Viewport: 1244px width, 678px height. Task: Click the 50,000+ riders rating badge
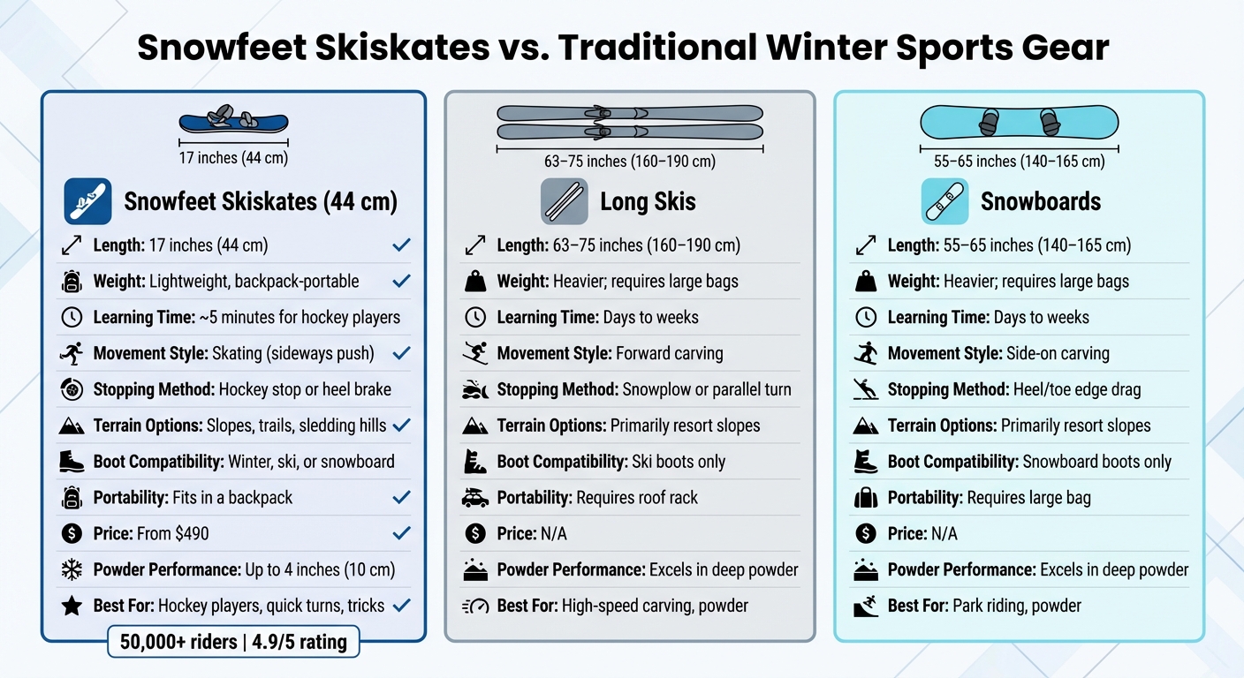point(233,641)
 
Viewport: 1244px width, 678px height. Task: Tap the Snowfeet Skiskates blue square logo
point(87,201)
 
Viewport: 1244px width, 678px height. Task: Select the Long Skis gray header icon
point(564,201)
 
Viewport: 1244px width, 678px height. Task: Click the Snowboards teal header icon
point(944,201)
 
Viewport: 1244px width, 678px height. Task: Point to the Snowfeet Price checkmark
point(401,533)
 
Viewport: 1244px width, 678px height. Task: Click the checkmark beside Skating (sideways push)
point(401,353)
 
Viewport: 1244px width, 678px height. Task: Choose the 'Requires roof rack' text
point(636,498)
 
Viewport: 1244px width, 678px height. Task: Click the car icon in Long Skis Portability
point(475,498)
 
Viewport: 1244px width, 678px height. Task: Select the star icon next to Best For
point(72,606)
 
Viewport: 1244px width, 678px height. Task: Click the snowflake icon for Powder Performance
point(72,569)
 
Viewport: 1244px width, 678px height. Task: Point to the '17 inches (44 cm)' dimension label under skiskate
point(233,158)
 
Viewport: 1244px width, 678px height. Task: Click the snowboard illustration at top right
point(1019,121)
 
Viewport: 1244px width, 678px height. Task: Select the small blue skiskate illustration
point(233,121)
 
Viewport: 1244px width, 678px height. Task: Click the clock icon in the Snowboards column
point(866,317)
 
